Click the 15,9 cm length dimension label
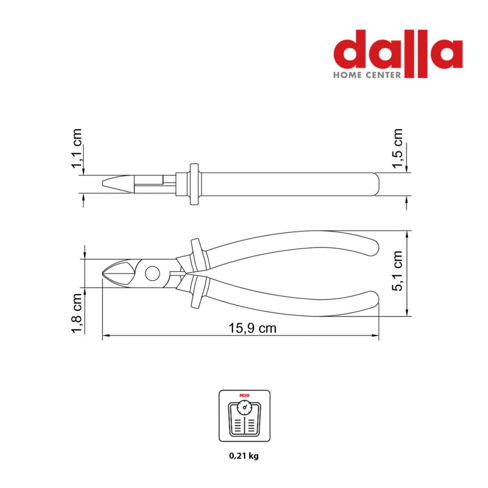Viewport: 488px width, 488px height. click(253, 328)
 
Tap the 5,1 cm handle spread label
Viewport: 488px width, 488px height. click(397, 271)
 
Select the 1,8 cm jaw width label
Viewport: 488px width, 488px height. click(77, 313)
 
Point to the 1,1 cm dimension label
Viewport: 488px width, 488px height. click(77, 149)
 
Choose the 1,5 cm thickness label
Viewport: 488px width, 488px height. click(397, 149)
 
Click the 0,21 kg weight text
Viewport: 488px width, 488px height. click(244, 456)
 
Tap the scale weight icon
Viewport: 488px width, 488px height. click(244, 416)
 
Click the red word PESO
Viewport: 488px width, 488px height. click(244, 396)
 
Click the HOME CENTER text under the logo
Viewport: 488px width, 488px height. click(367, 75)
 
